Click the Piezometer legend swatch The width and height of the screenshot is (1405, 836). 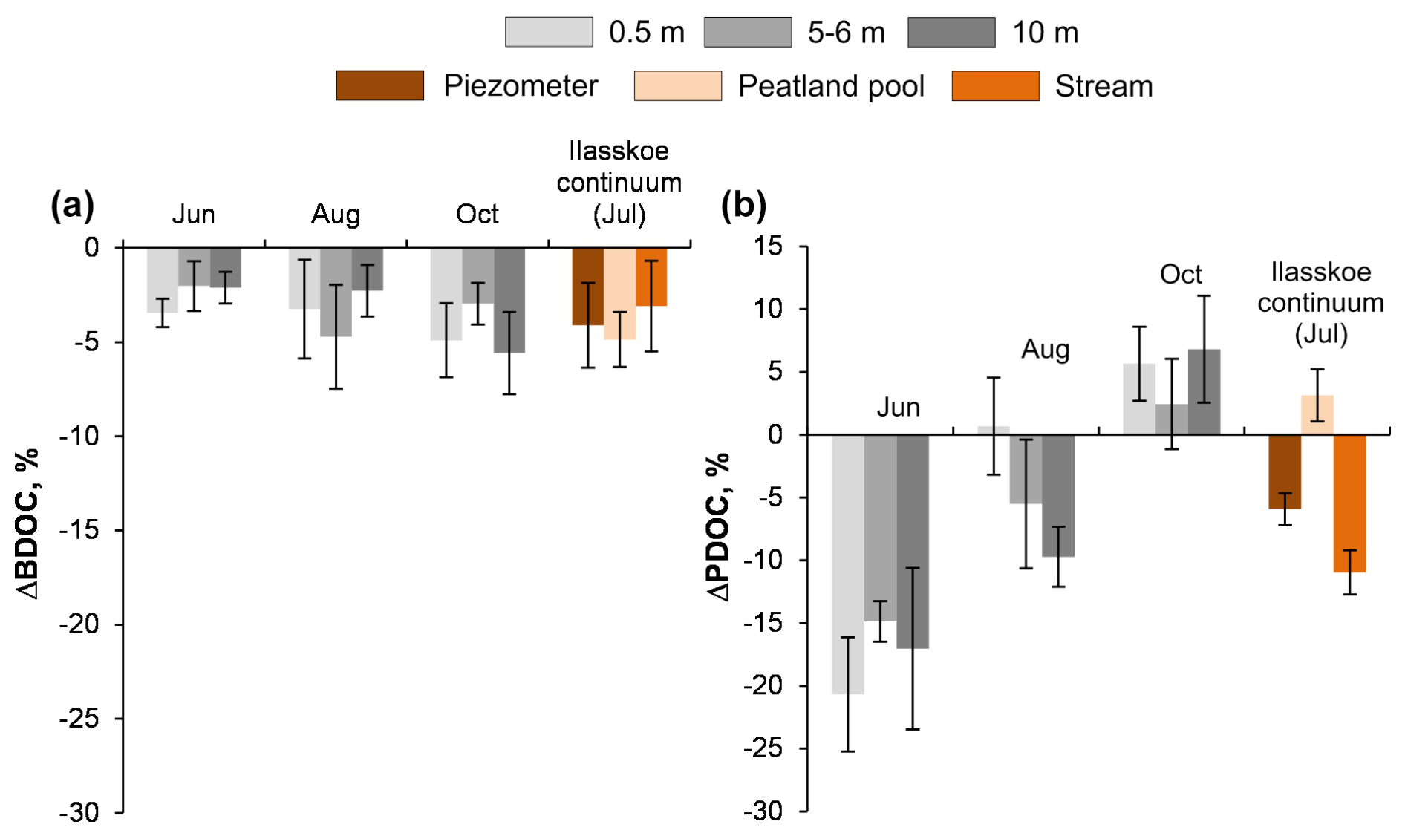[x=379, y=85]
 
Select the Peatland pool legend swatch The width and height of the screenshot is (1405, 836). [x=677, y=85]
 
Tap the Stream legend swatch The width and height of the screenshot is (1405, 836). [x=995, y=85]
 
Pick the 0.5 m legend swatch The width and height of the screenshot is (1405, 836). [x=549, y=32]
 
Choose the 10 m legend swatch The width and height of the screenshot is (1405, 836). [x=951, y=32]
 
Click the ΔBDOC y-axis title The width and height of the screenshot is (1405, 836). [x=28, y=523]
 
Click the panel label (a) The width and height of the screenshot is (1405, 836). [x=72, y=205]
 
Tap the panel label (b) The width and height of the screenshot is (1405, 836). [x=743, y=205]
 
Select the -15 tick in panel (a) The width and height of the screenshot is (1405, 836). [x=79, y=530]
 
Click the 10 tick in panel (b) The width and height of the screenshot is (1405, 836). [x=769, y=309]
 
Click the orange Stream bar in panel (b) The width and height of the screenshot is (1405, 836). [x=1349, y=503]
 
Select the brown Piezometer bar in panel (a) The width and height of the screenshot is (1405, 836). [x=587, y=287]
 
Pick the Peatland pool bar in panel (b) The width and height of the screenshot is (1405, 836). [x=1317, y=415]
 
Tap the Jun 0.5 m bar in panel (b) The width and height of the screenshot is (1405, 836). [x=847, y=564]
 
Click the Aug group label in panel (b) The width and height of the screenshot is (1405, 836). [x=1045, y=349]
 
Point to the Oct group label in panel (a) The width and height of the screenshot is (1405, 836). [x=477, y=214]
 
